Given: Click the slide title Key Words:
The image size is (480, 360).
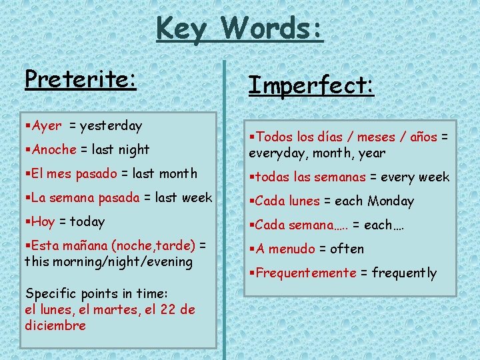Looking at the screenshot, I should pos(240,29).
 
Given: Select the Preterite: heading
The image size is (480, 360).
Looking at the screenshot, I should pos(81,79).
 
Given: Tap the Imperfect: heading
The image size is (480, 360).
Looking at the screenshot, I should pos(311,85).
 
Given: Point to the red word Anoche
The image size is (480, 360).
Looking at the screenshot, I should pos(54,149).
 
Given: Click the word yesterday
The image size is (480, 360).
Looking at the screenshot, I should pos(111,125).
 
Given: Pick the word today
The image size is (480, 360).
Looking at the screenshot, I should pos(87,221).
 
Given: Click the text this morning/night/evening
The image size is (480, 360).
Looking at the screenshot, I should pos(109,261).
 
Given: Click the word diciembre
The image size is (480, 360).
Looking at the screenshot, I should pos(55,325).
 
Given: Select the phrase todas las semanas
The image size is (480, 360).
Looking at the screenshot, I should pos(310,177).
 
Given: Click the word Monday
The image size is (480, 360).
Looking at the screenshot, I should pos(391,201).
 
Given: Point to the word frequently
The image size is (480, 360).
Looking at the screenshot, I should pos(405,273).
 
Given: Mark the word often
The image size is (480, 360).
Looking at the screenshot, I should pos(347,249).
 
